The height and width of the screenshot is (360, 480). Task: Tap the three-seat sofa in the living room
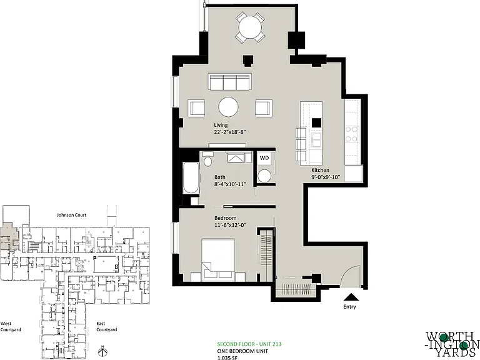(x=229, y=81)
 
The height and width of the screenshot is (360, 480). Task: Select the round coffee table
(x=228, y=107)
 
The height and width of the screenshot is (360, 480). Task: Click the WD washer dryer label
(x=264, y=158)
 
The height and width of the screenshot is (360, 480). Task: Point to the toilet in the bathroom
(x=208, y=159)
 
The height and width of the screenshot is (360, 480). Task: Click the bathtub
(x=191, y=177)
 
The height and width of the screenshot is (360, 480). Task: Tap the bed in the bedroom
(x=218, y=259)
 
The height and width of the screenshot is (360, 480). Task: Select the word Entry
(x=349, y=306)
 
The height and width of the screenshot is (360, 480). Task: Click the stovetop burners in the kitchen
(x=352, y=134)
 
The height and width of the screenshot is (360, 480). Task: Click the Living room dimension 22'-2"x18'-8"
(x=230, y=132)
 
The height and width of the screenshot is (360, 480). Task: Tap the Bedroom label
(x=225, y=218)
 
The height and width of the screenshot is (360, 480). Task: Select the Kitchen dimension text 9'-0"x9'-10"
(x=326, y=177)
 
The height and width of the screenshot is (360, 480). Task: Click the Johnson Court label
(x=72, y=215)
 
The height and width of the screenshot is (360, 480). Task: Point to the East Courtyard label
(x=106, y=326)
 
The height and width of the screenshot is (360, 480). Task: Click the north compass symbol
(x=103, y=351)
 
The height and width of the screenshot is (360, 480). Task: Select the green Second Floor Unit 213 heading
(x=249, y=344)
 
